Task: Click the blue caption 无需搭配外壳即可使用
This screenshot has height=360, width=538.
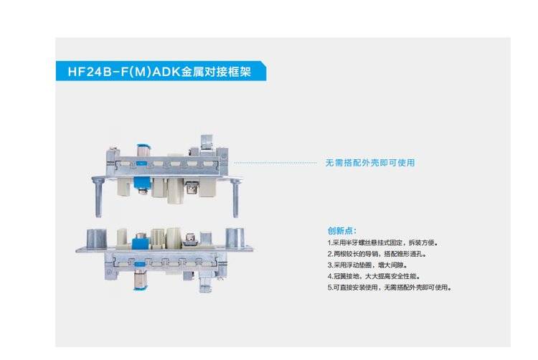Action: [369, 163]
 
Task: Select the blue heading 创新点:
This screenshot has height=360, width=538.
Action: [341, 232]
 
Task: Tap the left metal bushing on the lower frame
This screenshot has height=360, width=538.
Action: [95, 237]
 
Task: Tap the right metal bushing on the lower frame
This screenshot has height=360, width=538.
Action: [235, 237]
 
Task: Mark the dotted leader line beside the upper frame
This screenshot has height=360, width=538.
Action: [276, 163]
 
